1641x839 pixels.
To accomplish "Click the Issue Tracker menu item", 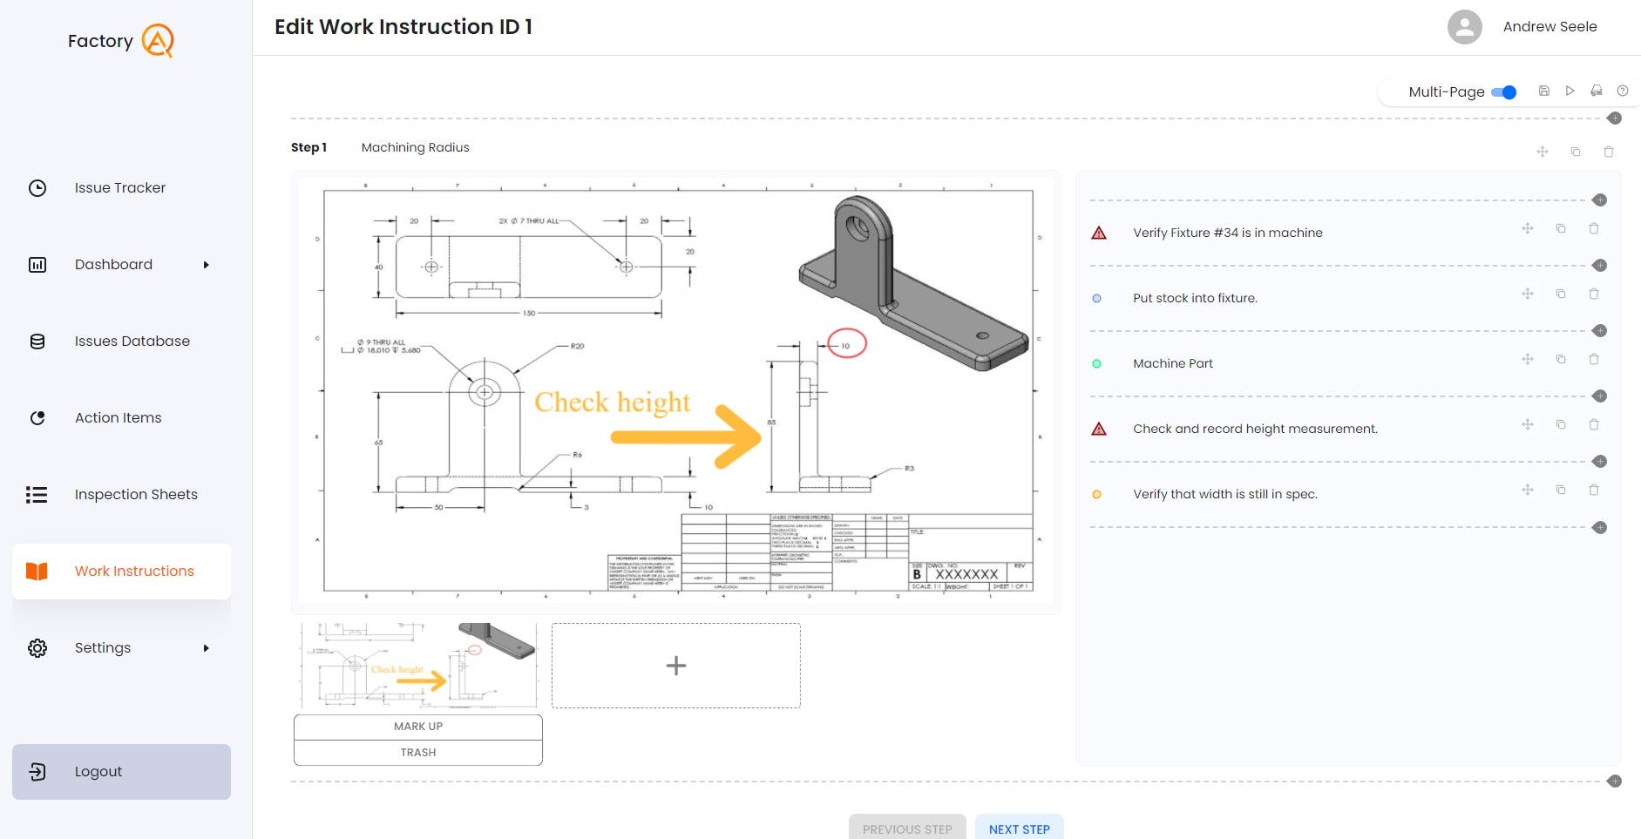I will (119, 188).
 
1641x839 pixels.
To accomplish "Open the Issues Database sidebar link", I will (132, 342).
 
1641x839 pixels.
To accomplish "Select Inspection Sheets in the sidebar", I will (136, 495).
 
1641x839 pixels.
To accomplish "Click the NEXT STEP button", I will (1019, 829).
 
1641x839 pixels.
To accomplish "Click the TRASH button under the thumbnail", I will (418, 753).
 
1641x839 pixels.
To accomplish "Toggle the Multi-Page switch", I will (1505, 92).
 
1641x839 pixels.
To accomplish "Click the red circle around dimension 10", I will (846, 344).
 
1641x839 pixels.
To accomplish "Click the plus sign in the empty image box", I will (675, 666).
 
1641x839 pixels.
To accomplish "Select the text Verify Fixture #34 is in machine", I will (1227, 233).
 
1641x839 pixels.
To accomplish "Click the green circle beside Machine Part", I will (1096, 364).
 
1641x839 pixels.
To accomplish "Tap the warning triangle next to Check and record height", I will (1099, 429).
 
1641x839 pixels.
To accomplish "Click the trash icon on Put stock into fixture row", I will (1594, 294).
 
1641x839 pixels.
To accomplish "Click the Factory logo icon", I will (158, 41).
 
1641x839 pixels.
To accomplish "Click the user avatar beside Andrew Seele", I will (1464, 27).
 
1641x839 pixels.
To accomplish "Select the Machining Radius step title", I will (415, 148).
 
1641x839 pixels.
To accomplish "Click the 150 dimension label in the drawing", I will (529, 313).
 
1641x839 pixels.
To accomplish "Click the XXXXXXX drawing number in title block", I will (966, 574).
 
